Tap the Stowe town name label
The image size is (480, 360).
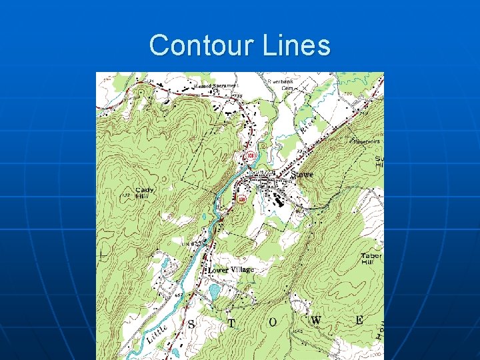tap(302, 175)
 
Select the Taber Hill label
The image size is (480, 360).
tap(371, 259)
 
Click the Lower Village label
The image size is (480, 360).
tap(231, 270)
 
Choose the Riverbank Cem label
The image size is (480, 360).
tap(280, 84)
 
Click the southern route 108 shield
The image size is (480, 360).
tap(241, 199)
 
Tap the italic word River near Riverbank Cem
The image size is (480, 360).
tap(307, 125)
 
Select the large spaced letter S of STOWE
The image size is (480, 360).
tap(191, 324)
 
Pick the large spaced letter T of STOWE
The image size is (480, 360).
tap(231, 323)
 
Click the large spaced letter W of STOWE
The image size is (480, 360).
tap(315, 321)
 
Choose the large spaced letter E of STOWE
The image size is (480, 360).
tap(359, 320)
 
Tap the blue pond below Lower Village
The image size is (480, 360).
tap(215, 291)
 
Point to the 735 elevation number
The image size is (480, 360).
tap(238, 97)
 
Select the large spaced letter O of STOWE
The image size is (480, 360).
tap(273, 322)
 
